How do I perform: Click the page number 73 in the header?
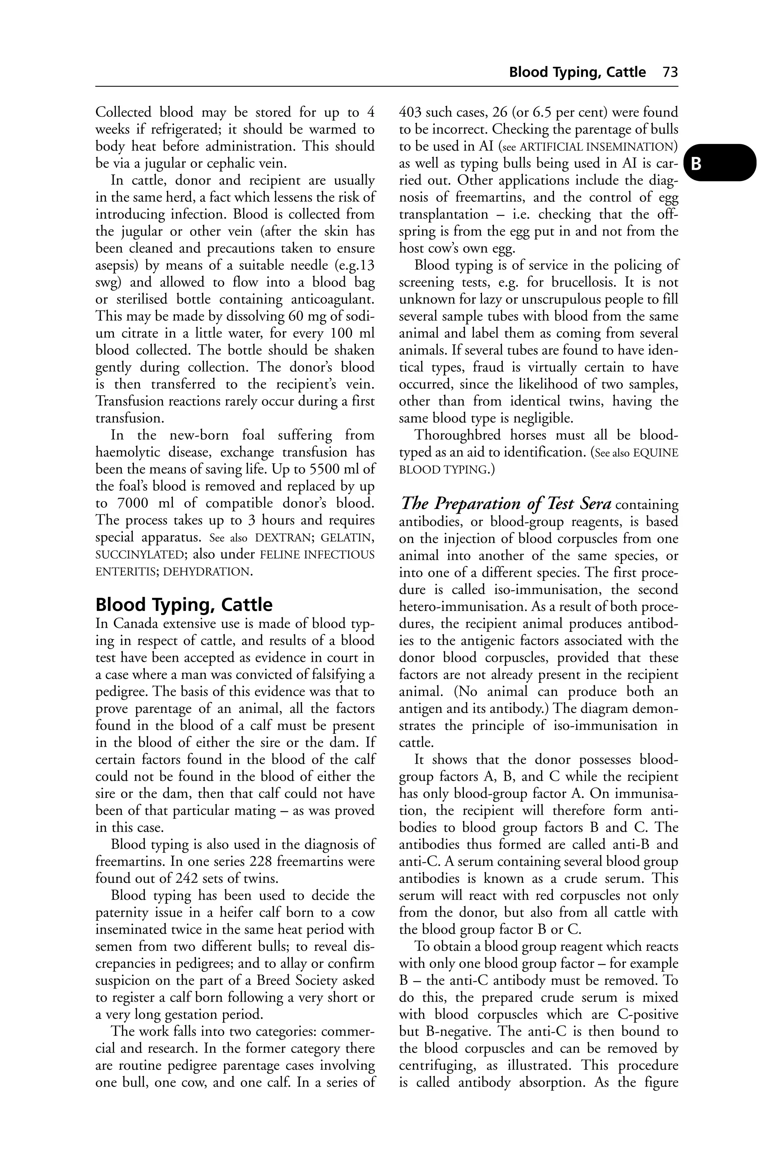point(670,72)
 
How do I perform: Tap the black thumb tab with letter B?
point(723,163)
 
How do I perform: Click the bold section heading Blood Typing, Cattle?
point(184,604)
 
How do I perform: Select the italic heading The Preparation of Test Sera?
point(506,504)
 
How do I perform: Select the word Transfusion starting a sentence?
point(126,401)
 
